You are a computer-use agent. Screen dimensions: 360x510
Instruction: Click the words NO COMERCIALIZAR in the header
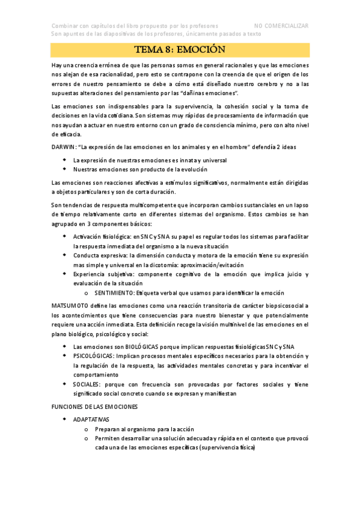281,26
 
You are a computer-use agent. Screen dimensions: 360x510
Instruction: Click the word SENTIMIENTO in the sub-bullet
114,293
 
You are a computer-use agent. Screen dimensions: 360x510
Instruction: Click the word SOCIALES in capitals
86,384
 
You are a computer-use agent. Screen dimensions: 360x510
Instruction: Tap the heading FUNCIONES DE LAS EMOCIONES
95,407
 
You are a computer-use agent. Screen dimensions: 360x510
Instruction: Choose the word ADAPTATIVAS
91,419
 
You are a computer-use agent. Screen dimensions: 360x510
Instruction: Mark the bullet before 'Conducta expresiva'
64,255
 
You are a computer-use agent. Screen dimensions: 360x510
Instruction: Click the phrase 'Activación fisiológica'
102,237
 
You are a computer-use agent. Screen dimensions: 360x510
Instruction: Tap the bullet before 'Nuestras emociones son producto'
64,170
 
